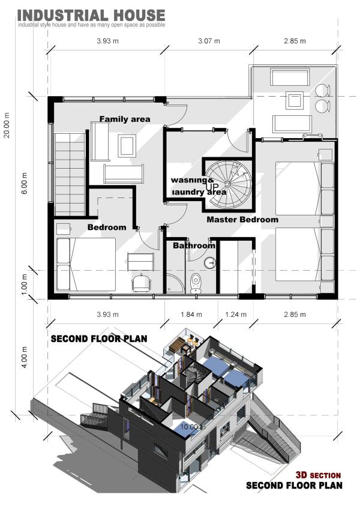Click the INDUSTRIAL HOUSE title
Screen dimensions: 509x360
[x=91, y=15]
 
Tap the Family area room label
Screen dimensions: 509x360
[x=125, y=119]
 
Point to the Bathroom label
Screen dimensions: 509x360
[x=194, y=246]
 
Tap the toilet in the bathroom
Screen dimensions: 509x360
[x=196, y=282]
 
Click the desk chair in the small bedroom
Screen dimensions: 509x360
[x=141, y=282]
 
